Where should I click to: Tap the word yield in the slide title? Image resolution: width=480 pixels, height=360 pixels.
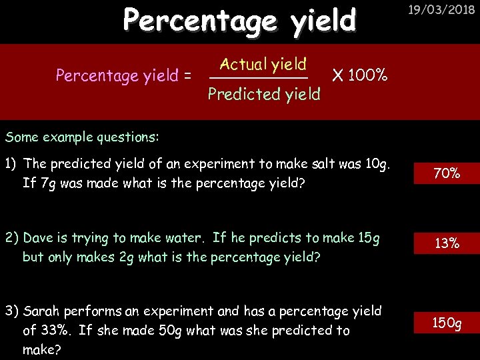click(323, 21)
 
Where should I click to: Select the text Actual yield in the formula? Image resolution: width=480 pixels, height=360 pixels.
click(263, 65)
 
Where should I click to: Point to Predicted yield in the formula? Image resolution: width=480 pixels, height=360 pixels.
click(264, 95)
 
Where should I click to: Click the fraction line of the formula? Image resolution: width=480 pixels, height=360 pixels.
click(259, 79)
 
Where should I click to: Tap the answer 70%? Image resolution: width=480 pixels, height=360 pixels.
click(447, 173)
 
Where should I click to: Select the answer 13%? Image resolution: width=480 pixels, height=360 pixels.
click(447, 243)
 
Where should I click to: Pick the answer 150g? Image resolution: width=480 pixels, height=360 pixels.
click(447, 323)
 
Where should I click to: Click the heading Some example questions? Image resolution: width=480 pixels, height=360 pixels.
click(82, 137)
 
